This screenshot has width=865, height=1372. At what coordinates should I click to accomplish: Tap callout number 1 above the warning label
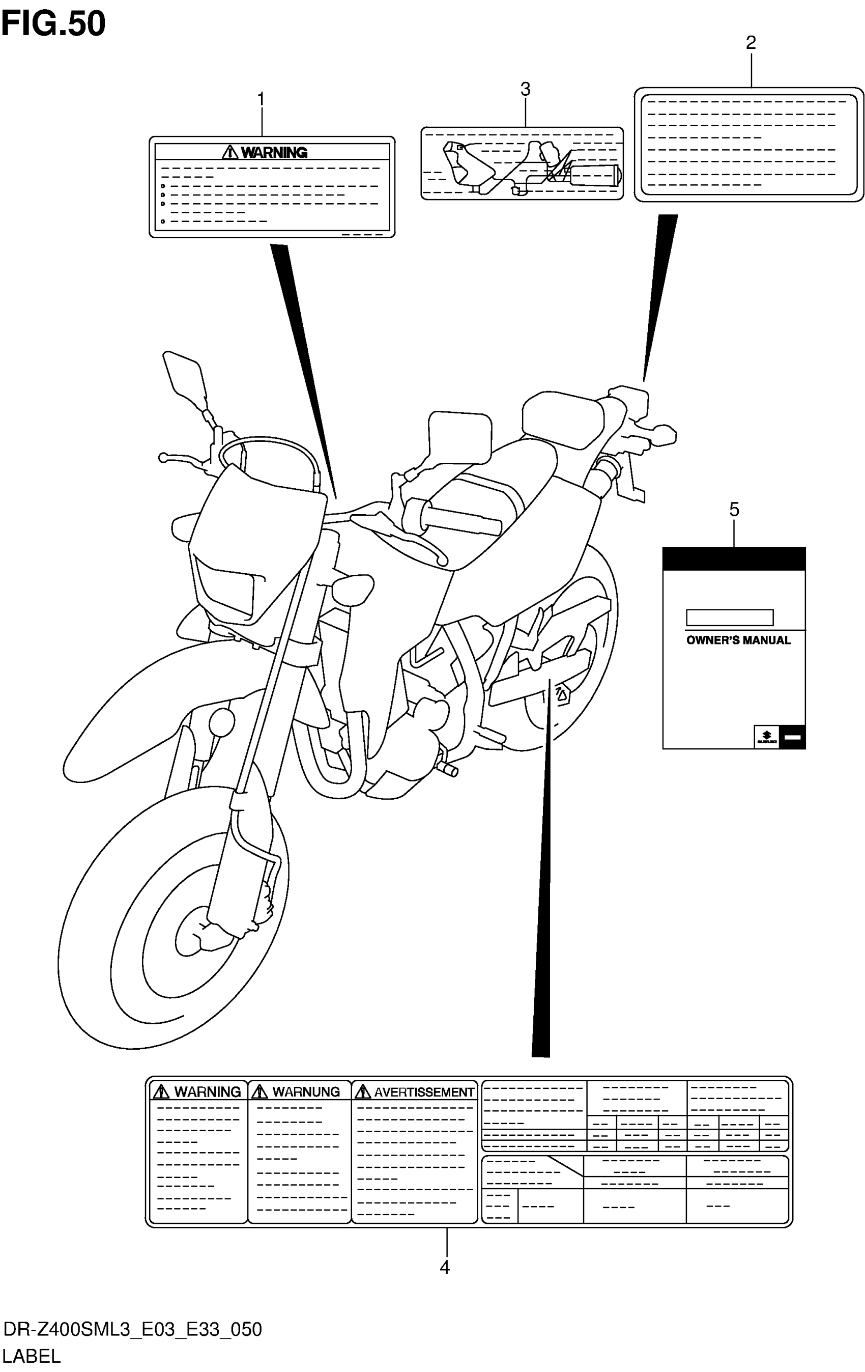pyautogui.click(x=261, y=100)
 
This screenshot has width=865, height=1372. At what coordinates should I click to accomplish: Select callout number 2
pyautogui.click(x=751, y=43)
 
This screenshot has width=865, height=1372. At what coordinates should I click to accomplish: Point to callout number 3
pyautogui.click(x=525, y=90)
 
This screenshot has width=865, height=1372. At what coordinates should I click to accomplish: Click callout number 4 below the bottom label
pyautogui.click(x=445, y=1267)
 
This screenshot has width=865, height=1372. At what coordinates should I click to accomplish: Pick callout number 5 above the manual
pyautogui.click(x=734, y=510)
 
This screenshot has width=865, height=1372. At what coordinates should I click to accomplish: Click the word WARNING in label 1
pyautogui.click(x=274, y=153)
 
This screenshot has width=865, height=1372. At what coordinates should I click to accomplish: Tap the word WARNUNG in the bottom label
pyautogui.click(x=306, y=1091)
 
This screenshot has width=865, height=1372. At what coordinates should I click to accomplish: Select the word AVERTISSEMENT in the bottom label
pyautogui.click(x=424, y=1091)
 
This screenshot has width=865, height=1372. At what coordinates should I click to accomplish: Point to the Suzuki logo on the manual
pyautogui.click(x=766, y=737)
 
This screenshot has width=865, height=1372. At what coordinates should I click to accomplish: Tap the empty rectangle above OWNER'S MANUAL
pyautogui.click(x=730, y=618)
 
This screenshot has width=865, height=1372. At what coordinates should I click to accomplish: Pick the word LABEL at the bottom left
pyautogui.click(x=32, y=1357)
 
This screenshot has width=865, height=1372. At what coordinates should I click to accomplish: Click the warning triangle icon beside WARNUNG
pyautogui.click(x=259, y=1091)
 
